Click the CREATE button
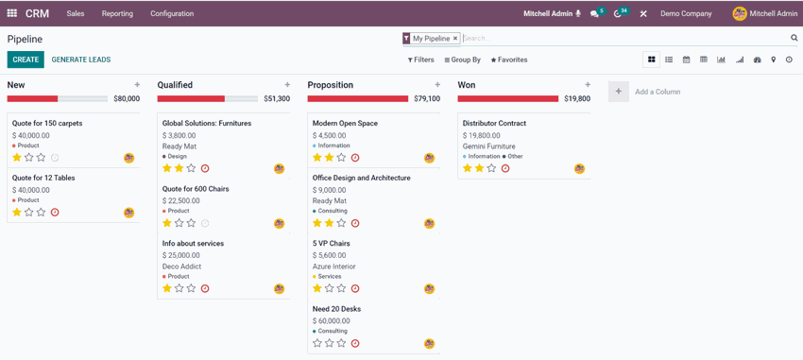pyautogui.click(x=26, y=60)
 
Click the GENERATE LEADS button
pyautogui.click(x=80, y=60)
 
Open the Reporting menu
pyautogui.click(x=117, y=14)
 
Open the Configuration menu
pyautogui.click(x=172, y=14)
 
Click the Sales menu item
pyautogui.click(x=76, y=14)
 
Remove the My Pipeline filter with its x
pyautogui.click(x=455, y=39)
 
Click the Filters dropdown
pyautogui.click(x=420, y=60)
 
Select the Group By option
pyautogui.click(x=463, y=60)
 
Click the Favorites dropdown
pyautogui.click(x=509, y=60)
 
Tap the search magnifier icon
pyautogui.click(x=794, y=39)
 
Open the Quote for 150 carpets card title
pyautogui.click(x=47, y=124)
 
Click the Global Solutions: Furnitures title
pyautogui.click(x=207, y=124)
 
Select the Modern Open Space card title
pyautogui.click(x=345, y=124)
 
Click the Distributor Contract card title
pyautogui.click(x=494, y=124)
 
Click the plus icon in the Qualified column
pyautogui.click(x=287, y=85)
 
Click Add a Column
pyautogui.click(x=657, y=92)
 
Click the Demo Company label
pyautogui.click(x=686, y=14)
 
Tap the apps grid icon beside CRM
pyautogui.click(x=12, y=14)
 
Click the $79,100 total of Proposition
pyautogui.click(x=427, y=98)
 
